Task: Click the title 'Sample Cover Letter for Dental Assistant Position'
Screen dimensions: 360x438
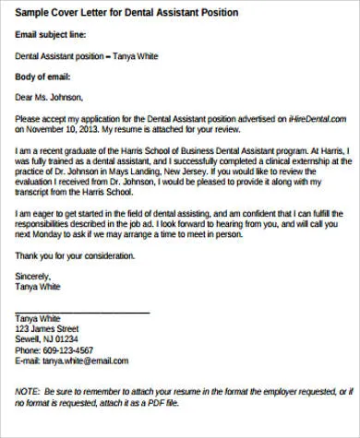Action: pos(126,14)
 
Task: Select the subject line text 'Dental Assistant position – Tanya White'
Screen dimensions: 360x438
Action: pos(92,55)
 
